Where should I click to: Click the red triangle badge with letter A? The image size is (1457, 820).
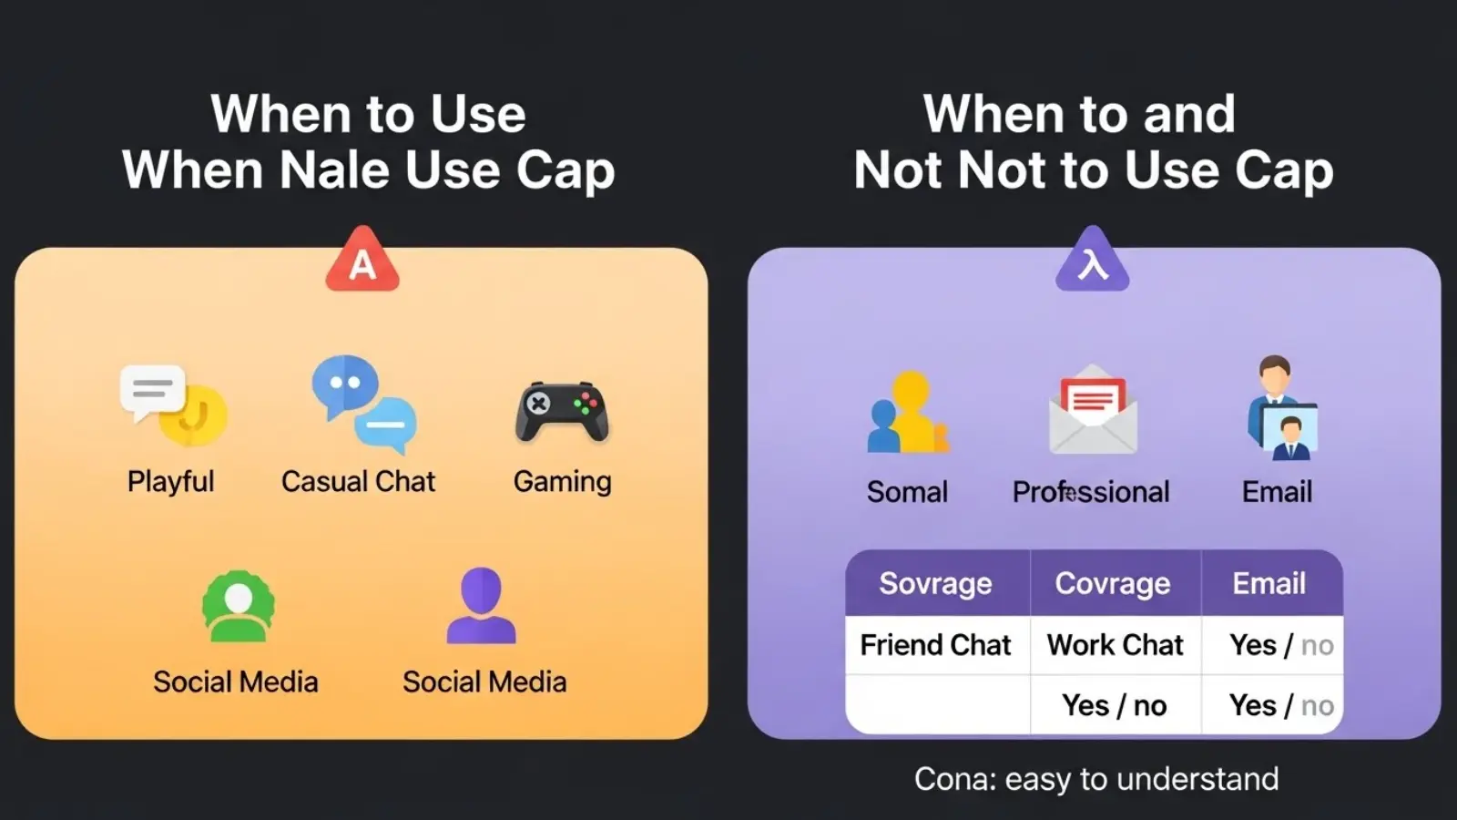pos(362,262)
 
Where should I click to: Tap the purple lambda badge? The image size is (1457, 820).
pos(1092,262)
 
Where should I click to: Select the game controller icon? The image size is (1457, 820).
pos(562,412)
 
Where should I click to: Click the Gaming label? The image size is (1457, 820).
pos(562,481)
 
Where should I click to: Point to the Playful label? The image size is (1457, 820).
pos(170,481)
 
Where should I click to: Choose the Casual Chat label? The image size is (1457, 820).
pos(358,481)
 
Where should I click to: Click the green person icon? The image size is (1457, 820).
pos(238,607)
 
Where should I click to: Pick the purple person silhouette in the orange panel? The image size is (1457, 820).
pos(481,606)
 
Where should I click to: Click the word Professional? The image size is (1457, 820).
pos(1091,492)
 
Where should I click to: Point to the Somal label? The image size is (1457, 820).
pos(907,492)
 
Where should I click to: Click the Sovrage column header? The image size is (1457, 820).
pos(935,583)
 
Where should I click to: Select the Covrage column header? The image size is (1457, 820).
pos(1113,583)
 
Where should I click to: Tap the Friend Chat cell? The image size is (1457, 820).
pos(935,645)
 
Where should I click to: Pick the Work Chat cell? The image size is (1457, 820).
pos(1115,645)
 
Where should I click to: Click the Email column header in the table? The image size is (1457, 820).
pos(1269,583)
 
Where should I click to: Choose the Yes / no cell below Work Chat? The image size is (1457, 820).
pos(1114,705)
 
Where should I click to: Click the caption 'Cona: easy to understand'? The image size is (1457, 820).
pos(1096,779)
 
